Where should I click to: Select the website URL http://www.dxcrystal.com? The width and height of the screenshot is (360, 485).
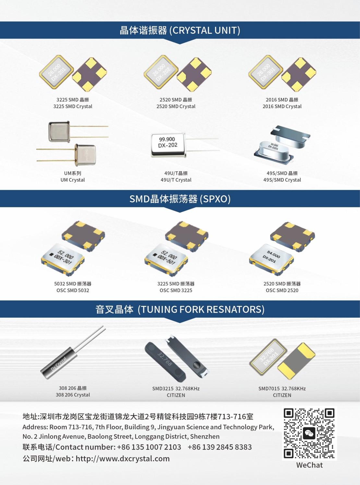click(x=123, y=458)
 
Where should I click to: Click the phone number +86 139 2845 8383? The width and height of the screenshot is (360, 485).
click(x=220, y=447)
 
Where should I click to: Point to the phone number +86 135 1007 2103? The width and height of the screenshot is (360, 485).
click(x=149, y=447)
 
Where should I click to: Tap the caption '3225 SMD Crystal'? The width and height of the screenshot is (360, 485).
click(x=73, y=106)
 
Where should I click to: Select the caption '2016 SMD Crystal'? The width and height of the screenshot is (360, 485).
click(x=282, y=106)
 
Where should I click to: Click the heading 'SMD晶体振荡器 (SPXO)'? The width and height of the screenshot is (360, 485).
click(x=180, y=199)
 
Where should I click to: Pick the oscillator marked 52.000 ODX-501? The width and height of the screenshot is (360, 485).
click(x=166, y=259)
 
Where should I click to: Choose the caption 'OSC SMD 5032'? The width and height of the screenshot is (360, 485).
click(x=73, y=290)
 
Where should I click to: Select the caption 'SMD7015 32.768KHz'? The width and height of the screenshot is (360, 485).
click(x=282, y=389)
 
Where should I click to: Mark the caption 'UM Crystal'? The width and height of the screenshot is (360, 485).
click(x=73, y=180)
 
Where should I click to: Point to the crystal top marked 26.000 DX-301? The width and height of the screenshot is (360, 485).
click(x=266, y=72)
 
